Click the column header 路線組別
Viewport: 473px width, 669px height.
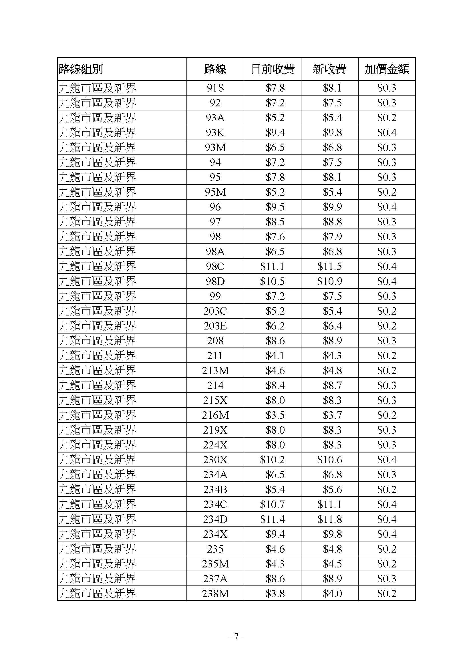coord(81,69)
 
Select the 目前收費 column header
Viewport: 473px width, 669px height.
coord(272,69)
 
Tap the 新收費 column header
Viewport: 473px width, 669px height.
coord(329,69)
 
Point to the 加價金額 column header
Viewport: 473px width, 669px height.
coord(387,69)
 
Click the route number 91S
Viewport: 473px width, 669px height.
coord(215,88)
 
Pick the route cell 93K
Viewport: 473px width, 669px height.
coord(215,133)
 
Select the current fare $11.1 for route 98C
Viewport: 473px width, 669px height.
coord(272,266)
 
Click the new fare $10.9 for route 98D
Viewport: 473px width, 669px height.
coord(329,281)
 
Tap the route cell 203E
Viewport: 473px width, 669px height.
coord(215,326)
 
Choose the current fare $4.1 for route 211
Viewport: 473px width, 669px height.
coord(275,356)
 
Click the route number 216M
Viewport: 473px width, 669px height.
coord(215,415)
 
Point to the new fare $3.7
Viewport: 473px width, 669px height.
coord(332,415)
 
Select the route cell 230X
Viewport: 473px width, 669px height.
coord(215,460)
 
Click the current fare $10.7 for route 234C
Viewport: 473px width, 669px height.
coord(272,504)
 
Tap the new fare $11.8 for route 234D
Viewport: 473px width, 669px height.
coord(329,519)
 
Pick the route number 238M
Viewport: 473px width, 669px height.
coord(215,593)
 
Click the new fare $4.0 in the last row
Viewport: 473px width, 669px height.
coord(332,593)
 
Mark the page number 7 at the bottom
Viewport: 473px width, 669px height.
coord(236,636)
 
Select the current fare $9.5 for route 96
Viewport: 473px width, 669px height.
coord(275,207)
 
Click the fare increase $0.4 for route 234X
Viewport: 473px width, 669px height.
coord(387,534)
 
